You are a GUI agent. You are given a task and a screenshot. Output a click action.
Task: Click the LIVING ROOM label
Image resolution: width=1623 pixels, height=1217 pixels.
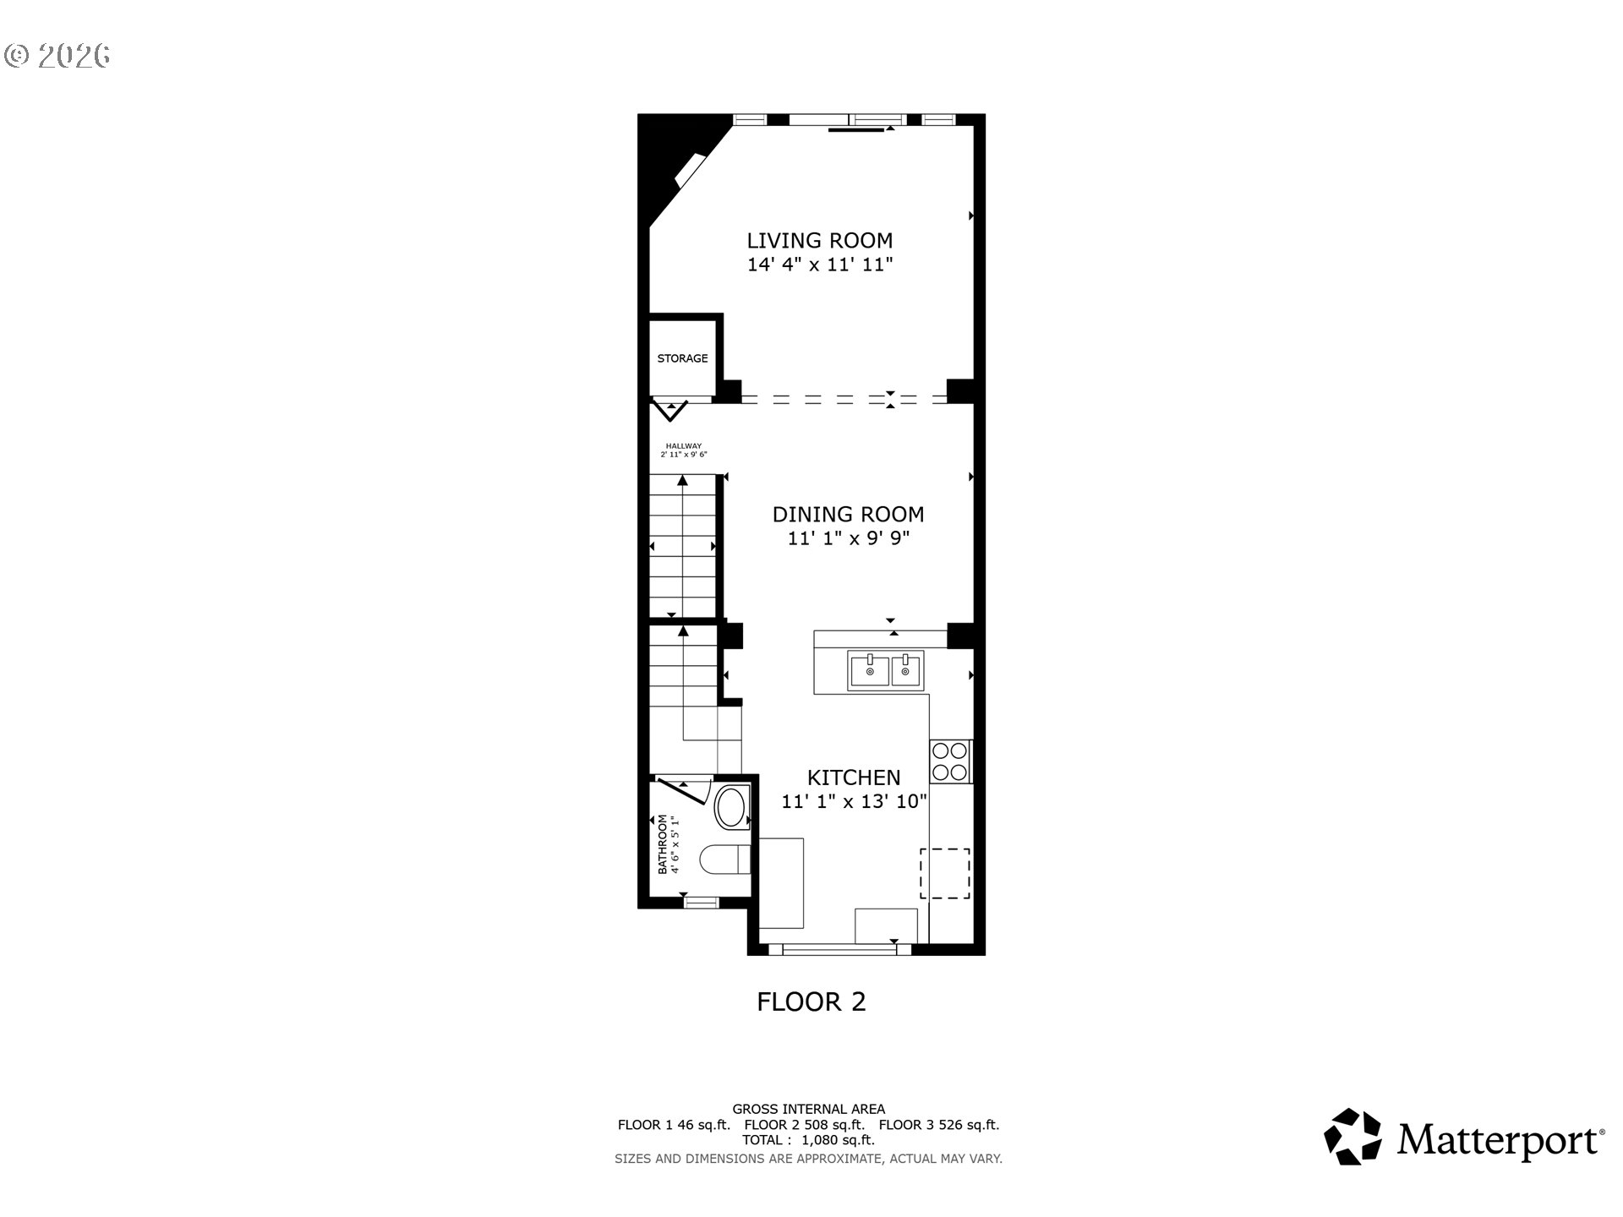click(x=819, y=240)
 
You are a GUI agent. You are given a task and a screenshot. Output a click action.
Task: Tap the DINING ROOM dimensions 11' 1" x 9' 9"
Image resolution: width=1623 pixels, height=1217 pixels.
click(x=848, y=538)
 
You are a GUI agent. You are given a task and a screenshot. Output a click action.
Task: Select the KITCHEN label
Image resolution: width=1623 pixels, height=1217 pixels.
click(x=853, y=778)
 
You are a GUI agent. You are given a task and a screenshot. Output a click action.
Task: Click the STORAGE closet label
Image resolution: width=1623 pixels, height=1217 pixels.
click(x=682, y=358)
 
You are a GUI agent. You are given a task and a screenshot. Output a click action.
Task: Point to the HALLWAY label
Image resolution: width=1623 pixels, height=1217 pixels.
click(x=683, y=446)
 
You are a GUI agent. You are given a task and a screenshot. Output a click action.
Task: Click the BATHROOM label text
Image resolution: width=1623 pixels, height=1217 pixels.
click(x=663, y=843)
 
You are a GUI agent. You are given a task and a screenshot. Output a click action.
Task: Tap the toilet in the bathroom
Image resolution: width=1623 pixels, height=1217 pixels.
click(x=724, y=860)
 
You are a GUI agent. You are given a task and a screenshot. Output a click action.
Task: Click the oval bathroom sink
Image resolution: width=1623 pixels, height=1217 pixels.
click(x=731, y=808)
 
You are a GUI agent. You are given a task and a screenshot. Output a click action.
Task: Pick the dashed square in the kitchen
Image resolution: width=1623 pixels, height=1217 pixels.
click(x=945, y=873)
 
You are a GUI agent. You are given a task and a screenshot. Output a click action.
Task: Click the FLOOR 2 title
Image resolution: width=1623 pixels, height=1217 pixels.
click(x=811, y=1002)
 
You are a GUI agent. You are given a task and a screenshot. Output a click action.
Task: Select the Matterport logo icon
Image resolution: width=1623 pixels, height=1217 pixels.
click(x=1352, y=1137)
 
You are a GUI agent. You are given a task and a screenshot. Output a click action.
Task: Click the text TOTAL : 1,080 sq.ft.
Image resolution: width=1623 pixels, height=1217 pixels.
click(x=808, y=1140)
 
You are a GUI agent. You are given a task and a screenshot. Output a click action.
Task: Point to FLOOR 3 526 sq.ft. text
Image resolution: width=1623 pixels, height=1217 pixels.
click(x=938, y=1125)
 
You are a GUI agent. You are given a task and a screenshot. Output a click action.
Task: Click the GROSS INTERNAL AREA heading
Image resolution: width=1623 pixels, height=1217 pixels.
click(x=808, y=1110)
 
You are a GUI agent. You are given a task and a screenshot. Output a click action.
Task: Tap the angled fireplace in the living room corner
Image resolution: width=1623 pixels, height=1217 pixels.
click(x=690, y=172)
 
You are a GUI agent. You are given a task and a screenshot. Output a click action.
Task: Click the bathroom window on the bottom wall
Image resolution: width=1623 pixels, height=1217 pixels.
click(x=700, y=903)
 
